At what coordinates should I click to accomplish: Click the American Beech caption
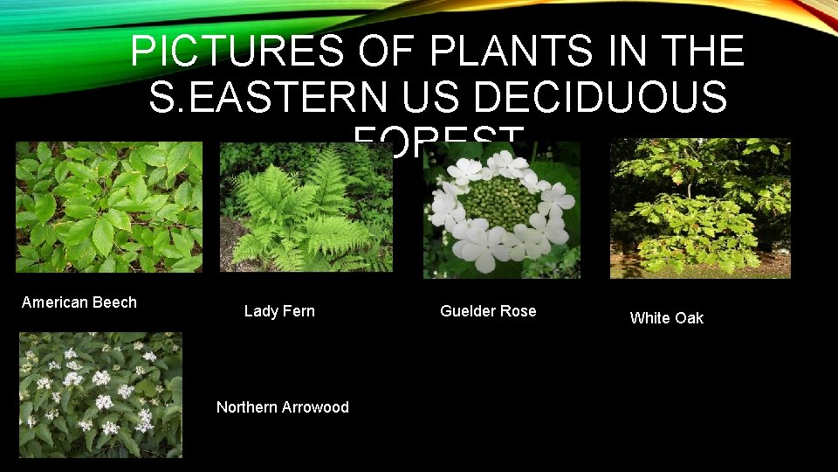click(x=79, y=302)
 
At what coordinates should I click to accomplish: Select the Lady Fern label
click(x=279, y=311)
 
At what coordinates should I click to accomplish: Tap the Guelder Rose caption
click(x=488, y=311)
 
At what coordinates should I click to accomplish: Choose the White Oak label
click(x=666, y=318)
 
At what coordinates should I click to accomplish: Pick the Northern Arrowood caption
click(x=282, y=407)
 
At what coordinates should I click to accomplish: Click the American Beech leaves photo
click(x=109, y=207)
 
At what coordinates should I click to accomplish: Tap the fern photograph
click(x=305, y=207)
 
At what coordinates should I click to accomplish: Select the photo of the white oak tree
click(x=700, y=209)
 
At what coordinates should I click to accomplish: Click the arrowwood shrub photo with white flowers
click(x=101, y=394)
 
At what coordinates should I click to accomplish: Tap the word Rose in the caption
click(x=518, y=311)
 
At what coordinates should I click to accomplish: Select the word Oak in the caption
click(x=688, y=318)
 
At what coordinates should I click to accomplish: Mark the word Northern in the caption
click(x=246, y=407)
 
